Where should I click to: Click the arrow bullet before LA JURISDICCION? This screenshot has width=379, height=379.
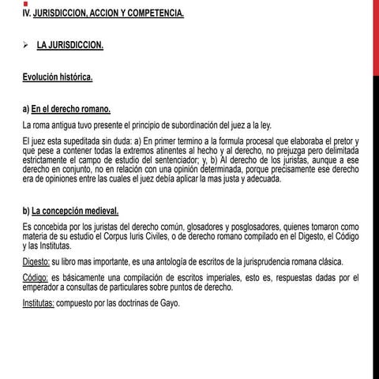[x=26, y=45]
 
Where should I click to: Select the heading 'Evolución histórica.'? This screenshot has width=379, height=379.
[x=58, y=77]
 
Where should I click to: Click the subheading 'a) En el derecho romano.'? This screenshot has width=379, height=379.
[x=66, y=109]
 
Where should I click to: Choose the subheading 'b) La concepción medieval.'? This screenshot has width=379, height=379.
[x=71, y=210]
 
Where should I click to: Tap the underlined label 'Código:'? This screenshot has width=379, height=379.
[x=36, y=278]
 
